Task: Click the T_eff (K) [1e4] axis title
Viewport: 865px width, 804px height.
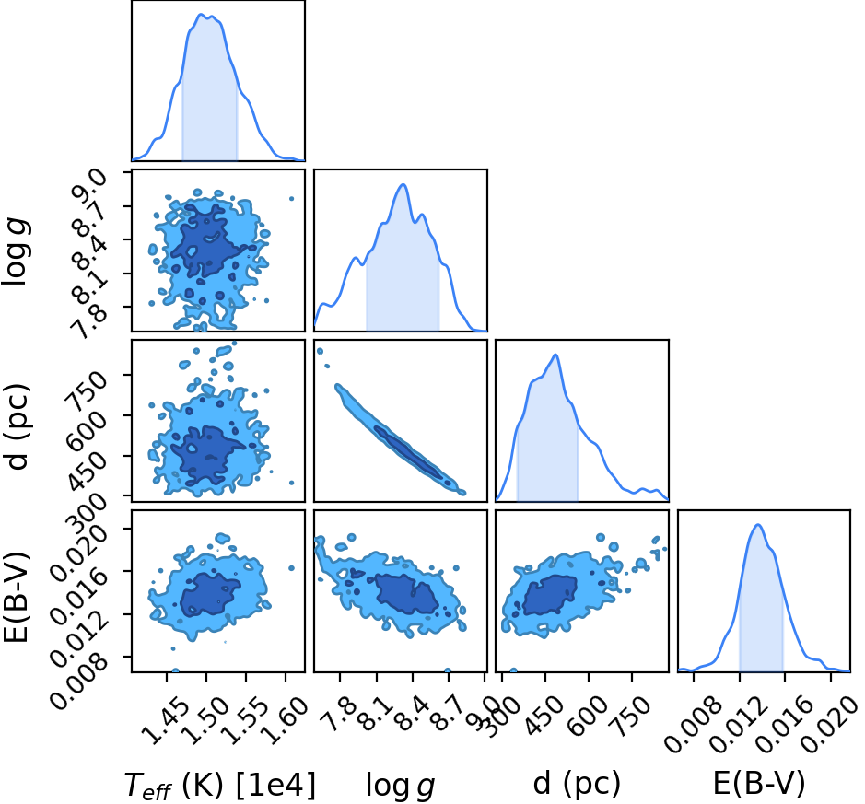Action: (x=220, y=786)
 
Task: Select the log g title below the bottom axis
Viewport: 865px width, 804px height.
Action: (x=401, y=786)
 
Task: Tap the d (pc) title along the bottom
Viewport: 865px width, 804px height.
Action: (x=577, y=784)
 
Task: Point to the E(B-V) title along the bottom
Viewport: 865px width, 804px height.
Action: (x=759, y=784)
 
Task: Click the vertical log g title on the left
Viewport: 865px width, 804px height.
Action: (x=16, y=251)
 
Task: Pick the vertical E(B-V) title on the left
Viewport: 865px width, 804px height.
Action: (x=17, y=596)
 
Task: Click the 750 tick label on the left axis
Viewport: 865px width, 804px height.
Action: (x=87, y=392)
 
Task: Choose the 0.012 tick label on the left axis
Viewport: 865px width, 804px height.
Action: (x=80, y=638)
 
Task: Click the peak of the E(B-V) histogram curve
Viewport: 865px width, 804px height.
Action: (x=758, y=524)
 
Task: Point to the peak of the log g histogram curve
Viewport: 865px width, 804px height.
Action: (x=403, y=184)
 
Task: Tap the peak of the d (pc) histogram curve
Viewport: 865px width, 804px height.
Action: (x=556, y=355)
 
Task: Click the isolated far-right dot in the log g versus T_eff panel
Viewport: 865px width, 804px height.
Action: (x=292, y=199)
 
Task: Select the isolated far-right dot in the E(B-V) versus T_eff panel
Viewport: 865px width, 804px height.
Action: (x=292, y=568)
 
